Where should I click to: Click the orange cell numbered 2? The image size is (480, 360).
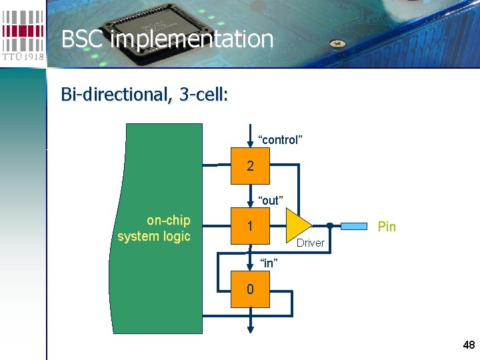pos(250,167)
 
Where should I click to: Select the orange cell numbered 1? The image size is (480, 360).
pos(250,227)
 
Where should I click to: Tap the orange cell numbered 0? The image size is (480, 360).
pos(250,289)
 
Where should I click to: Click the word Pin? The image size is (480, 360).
pos(387,227)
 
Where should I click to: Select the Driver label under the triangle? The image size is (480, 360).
pos(310,243)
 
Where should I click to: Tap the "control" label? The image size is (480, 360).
pos(280,140)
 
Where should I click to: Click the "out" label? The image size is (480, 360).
pos(271,201)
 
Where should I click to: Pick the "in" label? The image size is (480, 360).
pos(268,263)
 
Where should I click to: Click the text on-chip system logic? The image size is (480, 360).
pos(154,228)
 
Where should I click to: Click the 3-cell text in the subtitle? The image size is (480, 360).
pos(203,95)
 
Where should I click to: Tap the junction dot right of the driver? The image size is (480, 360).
pos(330,225)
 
